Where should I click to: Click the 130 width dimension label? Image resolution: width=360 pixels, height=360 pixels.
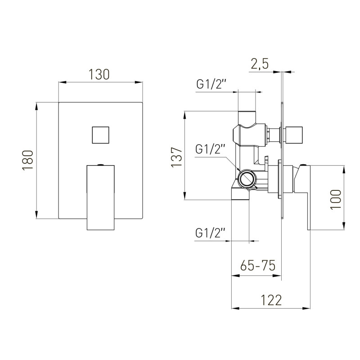point(99,74)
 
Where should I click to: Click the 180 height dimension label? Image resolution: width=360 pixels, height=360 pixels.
point(28,160)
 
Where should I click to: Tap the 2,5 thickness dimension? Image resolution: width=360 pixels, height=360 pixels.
point(260,63)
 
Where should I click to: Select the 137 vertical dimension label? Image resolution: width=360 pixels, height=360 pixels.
point(177,157)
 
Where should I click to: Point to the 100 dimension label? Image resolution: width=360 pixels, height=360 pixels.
point(336,199)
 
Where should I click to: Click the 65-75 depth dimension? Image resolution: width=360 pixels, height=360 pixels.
point(257,265)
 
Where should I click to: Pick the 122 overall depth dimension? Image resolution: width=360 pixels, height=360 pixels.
point(271,300)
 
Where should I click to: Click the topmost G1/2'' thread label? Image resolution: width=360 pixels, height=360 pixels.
point(211,84)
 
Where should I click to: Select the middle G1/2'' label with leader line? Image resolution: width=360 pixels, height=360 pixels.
point(211,149)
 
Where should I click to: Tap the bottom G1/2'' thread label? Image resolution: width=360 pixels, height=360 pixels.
point(211,233)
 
